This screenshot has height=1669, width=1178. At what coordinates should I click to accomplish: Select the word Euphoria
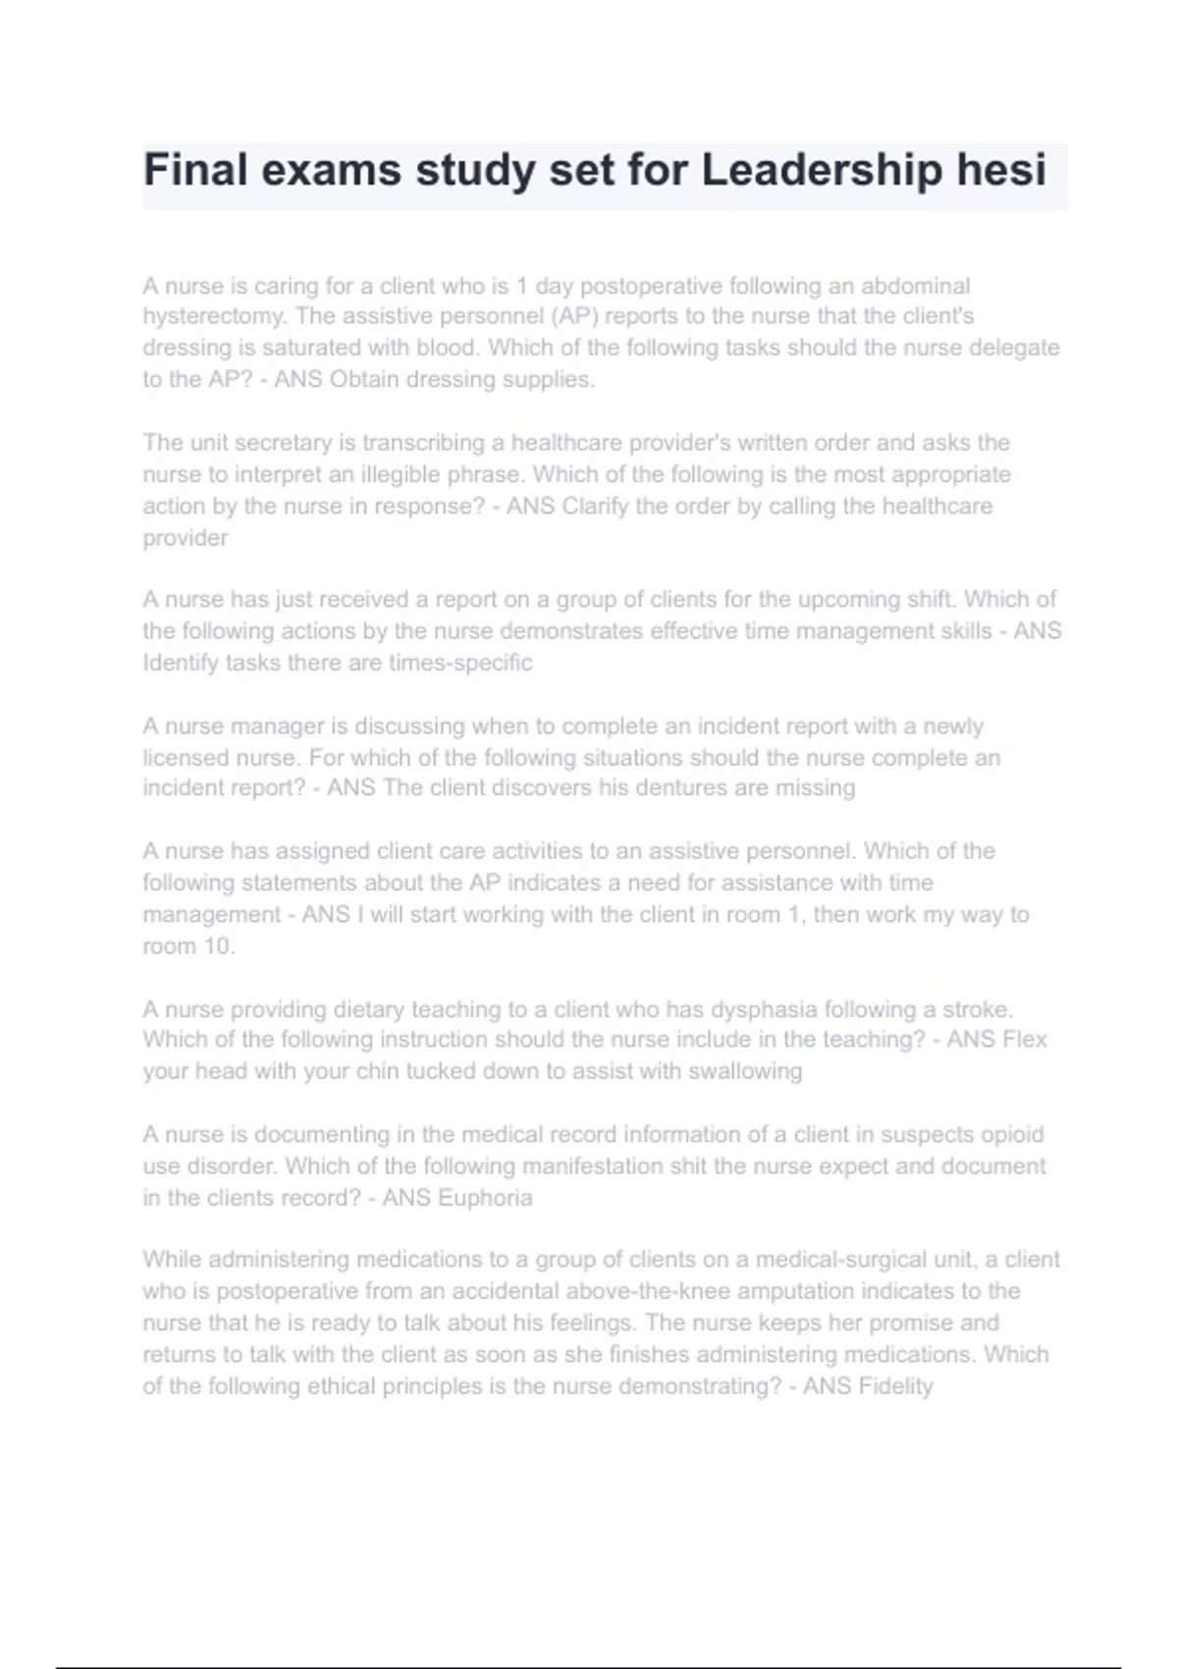click(x=485, y=1198)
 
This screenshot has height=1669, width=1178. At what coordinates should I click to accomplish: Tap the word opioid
click(x=1011, y=1135)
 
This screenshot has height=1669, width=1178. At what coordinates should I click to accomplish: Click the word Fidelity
click(x=895, y=1386)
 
